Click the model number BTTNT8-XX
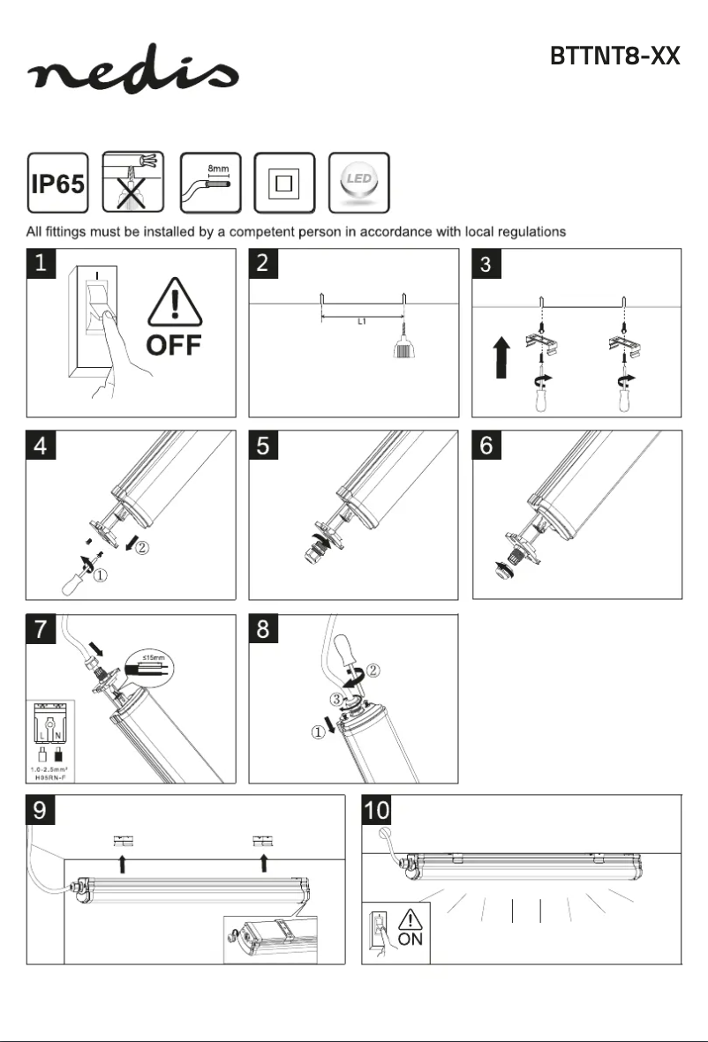(x=614, y=56)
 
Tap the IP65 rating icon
(x=58, y=183)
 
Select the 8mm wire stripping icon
(x=209, y=183)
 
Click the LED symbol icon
(x=358, y=182)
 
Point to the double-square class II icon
(x=283, y=183)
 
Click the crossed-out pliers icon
(x=133, y=183)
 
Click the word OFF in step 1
(x=173, y=344)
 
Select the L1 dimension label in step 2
(x=362, y=322)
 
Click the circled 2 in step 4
(x=142, y=548)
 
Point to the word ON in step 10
(x=410, y=939)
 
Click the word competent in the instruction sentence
(x=276, y=232)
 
